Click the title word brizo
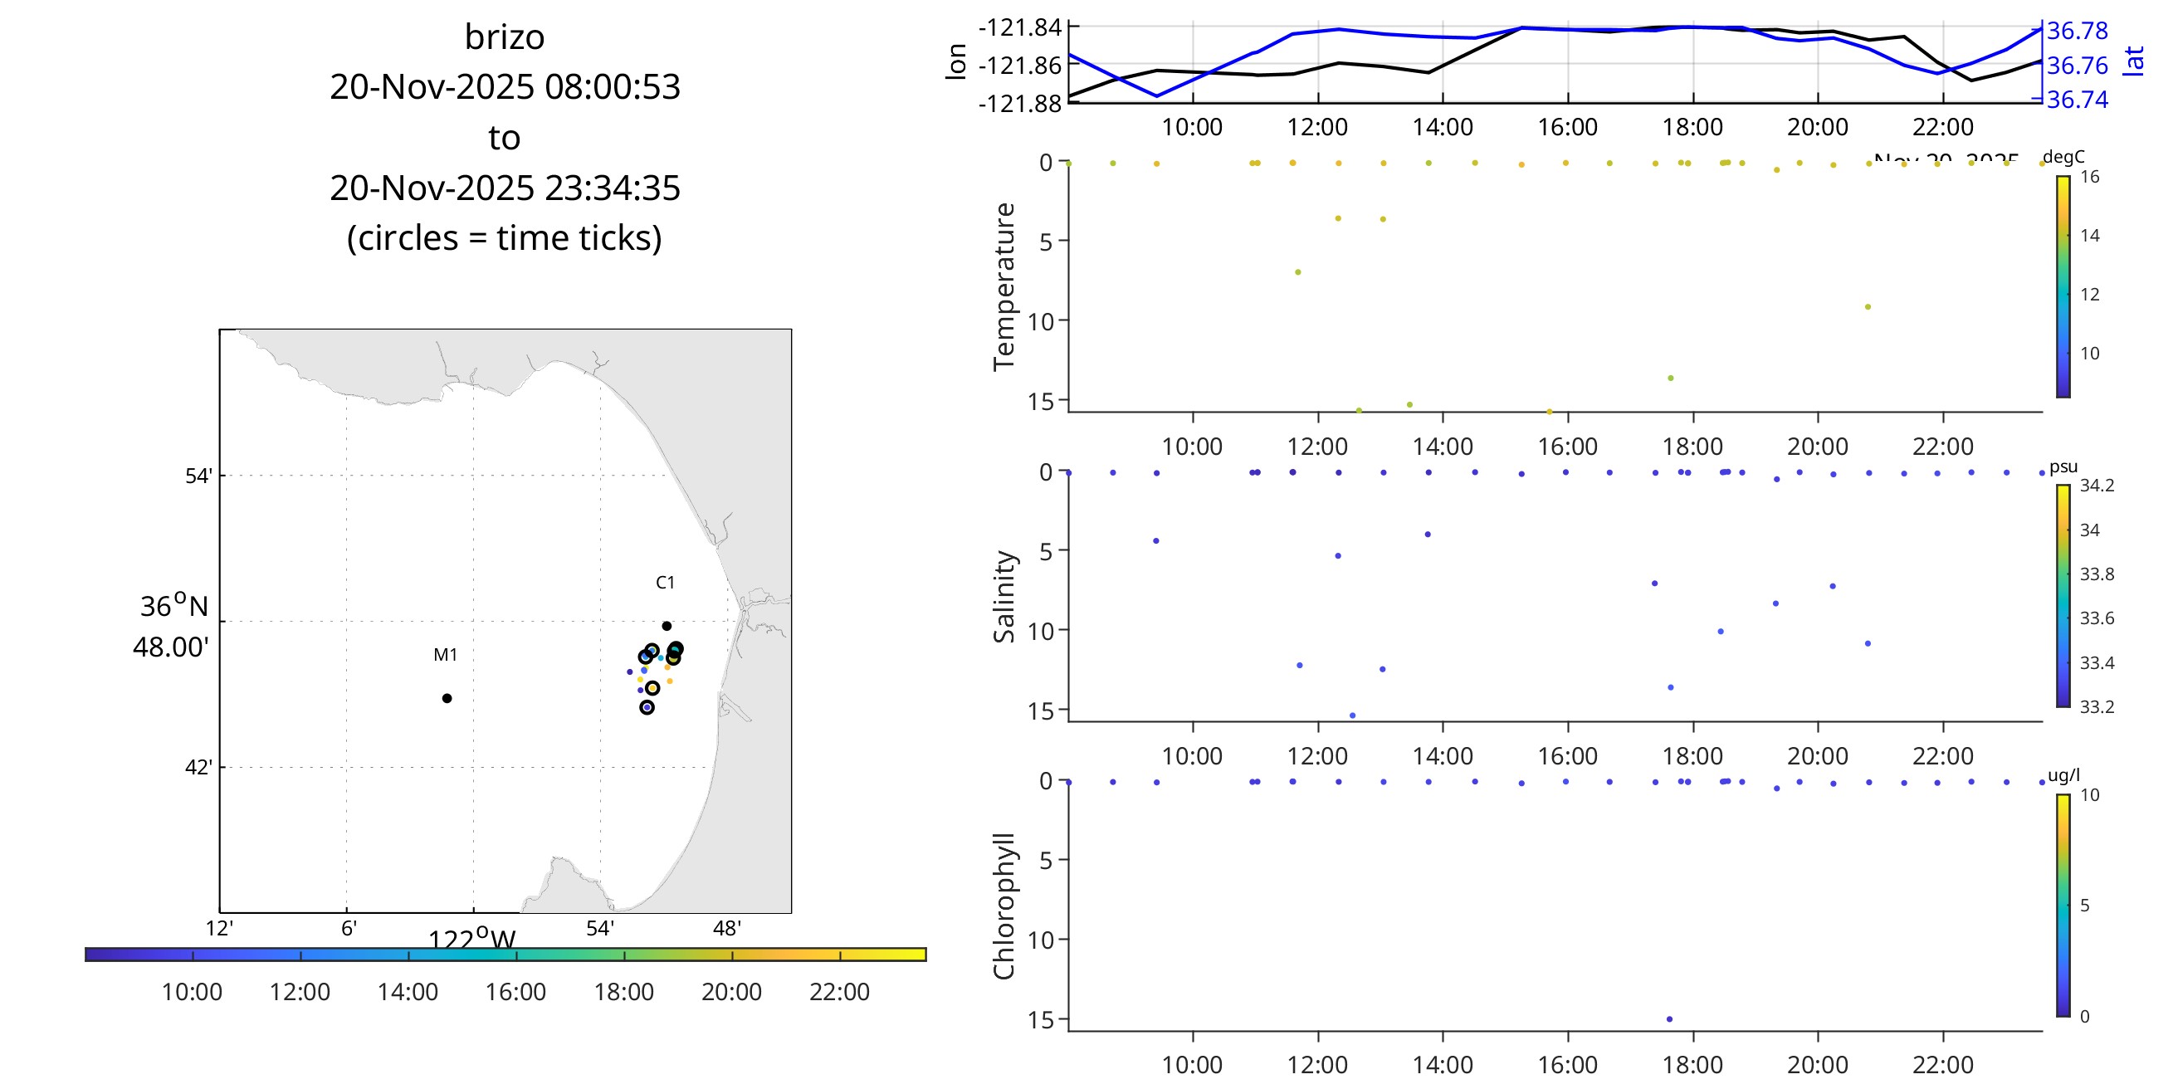coord(504,37)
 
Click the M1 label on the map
coord(445,654)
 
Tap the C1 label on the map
coord(666,583)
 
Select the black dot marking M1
coord(447,698)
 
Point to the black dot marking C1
coord(667,627)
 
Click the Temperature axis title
coord(1004,286)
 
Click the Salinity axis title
coord(1004,596)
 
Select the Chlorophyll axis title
coord(1004,906)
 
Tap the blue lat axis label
coord(2134,61)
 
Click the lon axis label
coord(955,61)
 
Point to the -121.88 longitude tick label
coord(1019,103)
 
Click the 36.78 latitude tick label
coord(2078,31)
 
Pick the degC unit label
coord(2063,157)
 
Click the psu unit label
coord(2063,466)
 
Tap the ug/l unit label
coord(2063,775)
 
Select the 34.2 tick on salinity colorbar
coord(2097,486)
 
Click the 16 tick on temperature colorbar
coord(2090,177)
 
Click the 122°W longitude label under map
coord(471,940)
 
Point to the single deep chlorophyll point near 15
coord(1669,1018)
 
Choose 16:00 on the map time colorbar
coord(515,991)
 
